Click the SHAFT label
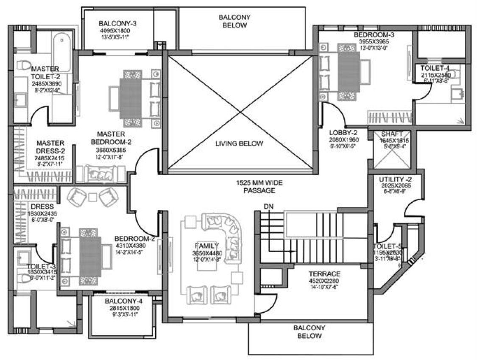(392, 134)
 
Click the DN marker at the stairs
(268, 207)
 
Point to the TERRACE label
(324, 273)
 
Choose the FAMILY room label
(206, 246)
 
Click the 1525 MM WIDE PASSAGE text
(259, 187)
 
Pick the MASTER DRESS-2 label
(50, 147)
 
